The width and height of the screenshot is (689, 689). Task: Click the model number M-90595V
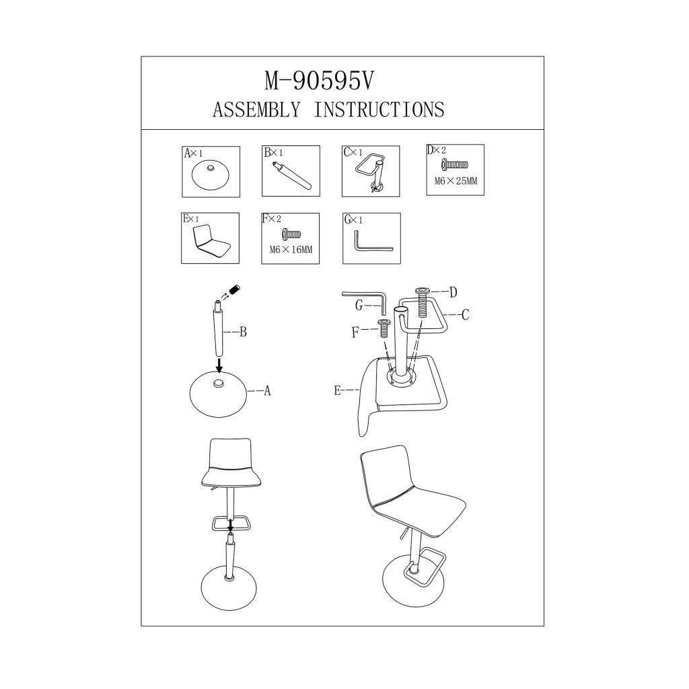(319, 81)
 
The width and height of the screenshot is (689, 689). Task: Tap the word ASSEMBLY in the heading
(256, 110)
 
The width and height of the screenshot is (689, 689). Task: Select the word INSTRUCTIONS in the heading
(379, 110)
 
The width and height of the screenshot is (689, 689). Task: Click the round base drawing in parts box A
(211, 175)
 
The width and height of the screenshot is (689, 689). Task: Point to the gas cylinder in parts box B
(291, 176)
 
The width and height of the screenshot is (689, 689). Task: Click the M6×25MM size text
(456, 180)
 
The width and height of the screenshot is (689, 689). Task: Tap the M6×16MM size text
(291, 250)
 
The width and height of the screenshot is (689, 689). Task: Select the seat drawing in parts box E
(211, 242)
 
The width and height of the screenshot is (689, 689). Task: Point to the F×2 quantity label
(272, 219)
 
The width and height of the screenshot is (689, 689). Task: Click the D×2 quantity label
(436, 150)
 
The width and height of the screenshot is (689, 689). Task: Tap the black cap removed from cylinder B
(235, 290)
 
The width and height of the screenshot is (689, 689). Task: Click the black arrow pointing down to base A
(219, 365)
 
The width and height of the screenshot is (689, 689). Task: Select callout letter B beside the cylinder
(243, 332)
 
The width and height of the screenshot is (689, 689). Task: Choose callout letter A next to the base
(267, 391)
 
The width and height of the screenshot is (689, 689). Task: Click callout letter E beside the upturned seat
(338, 390)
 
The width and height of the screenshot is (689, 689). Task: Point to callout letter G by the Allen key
(359, 305)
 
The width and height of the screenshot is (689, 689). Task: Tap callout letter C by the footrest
(466, 315)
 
